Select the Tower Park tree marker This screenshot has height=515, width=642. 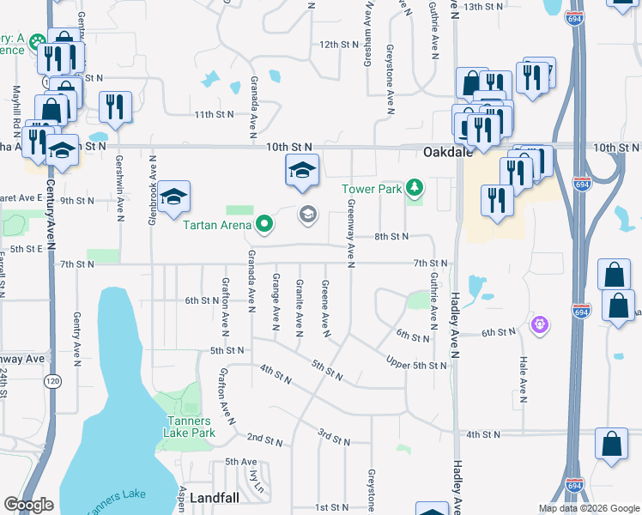[x=415, y=187]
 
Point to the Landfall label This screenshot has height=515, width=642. [x=218, y=498]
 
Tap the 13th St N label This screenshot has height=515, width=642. [x=482, y=6]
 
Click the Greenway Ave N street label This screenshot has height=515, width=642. [x=352, y=233]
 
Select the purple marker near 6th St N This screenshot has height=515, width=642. [x=540, y=324]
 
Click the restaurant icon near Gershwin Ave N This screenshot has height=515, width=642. [x=115, y=106]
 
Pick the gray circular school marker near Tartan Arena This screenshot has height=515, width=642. [x=307, y=215]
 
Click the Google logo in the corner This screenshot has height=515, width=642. [x=28, y=505]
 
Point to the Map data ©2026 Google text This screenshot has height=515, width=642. [x=588, y=508]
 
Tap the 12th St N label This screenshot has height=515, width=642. [x=336, y=44]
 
